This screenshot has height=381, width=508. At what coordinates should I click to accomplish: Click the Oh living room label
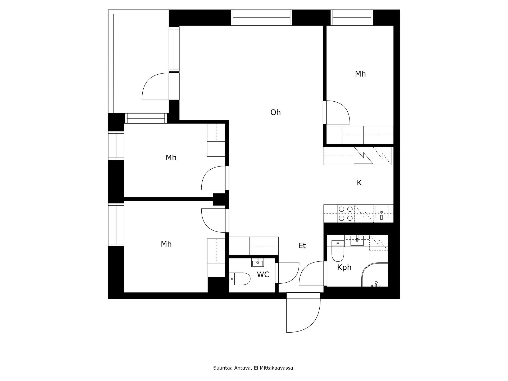click(275, 112)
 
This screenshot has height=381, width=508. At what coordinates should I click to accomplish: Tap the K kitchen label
click(359, 183)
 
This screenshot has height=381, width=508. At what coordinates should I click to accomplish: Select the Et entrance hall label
click(302, 246)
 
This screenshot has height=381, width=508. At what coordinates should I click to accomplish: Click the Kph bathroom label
click(344, 267)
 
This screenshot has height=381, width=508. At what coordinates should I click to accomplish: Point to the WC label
click(263, 275)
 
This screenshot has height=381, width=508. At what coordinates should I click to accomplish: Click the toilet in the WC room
click(240, 279)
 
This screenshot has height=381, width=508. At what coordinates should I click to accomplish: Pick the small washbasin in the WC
click(257, 263)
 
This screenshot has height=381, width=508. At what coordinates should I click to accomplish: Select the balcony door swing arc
click(155, 87)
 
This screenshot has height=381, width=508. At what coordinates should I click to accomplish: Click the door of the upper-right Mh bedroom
click(337, 112)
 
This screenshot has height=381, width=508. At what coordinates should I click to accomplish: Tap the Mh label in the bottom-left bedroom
click(166, 244)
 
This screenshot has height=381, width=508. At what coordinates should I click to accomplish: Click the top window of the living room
click(261, 18)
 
